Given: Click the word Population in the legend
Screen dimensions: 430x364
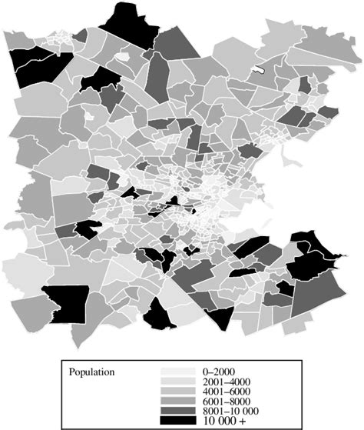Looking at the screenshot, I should (x=92, y=372).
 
